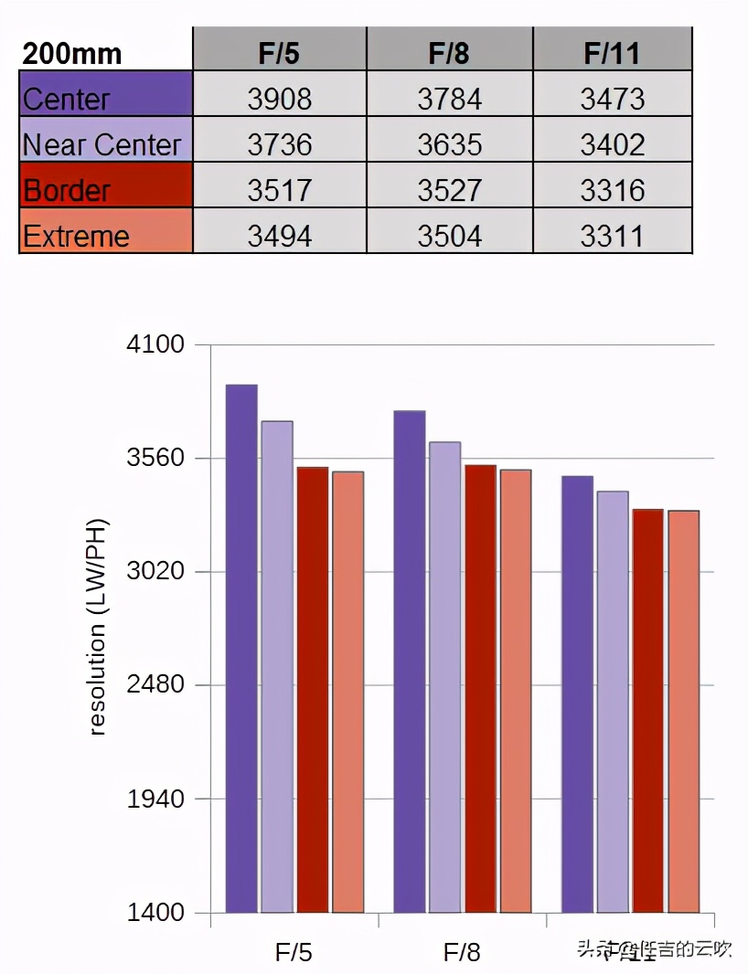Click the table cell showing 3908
[279, 99]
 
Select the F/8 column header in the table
[449, 53]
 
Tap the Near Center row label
[103, 144]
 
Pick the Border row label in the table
[67, 190]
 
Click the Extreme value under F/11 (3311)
[612, 236]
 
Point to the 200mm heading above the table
[72, 53]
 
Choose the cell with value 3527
[449, 190]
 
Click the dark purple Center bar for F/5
[241, 649]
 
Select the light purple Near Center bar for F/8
[444, 677]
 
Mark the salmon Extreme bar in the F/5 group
[347, 692]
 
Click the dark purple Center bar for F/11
[577, 694]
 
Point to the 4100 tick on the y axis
[158, 345]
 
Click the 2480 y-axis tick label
[158, 685]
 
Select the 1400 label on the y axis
[158, 912]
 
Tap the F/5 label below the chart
[294, 953]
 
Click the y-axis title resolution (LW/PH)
[98, 628]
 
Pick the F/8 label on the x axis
[462, 953]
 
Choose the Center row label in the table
[67, 99]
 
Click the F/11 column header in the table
[612, 53]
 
